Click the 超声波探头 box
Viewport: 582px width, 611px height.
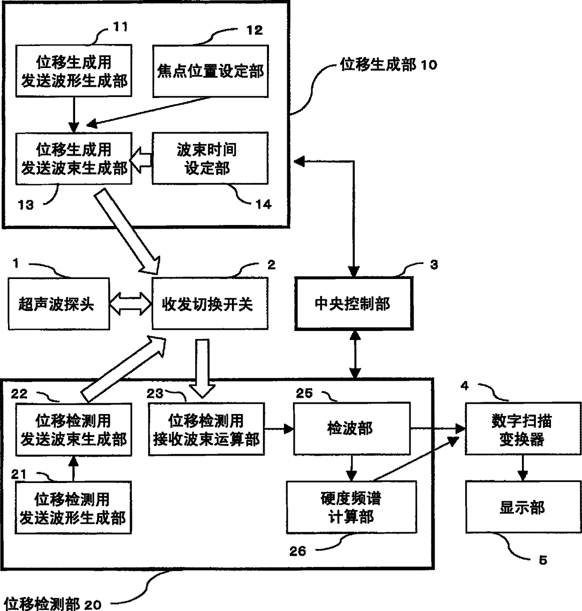point(59,304)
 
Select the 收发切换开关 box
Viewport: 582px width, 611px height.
point(210,304)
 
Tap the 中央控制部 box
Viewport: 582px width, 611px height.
point(354,304)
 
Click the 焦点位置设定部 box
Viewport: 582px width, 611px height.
point(210,71)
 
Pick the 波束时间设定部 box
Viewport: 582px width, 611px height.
point(210,158)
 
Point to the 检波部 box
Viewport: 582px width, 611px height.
point(352,428)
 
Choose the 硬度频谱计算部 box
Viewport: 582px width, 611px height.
point(351,507)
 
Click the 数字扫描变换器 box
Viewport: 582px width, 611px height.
point(522,428)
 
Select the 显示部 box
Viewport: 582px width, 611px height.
point(522,506)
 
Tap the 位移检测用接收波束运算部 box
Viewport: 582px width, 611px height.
point(206,429)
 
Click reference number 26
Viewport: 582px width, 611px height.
point(298,551)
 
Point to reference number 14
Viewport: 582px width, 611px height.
point(263,204)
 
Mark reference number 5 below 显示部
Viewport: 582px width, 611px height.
point(543,560)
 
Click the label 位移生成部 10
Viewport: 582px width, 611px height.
point(388,64)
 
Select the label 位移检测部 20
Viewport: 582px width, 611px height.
point(52,603)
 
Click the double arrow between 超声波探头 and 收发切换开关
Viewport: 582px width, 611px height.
point(130,304)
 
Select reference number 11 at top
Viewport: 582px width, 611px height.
point(121,27)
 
